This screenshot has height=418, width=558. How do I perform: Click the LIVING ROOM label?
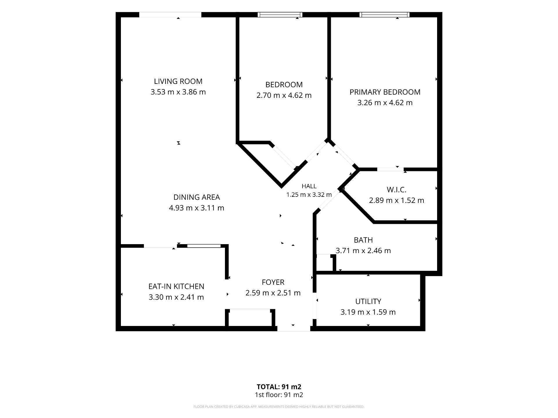pos(178,81)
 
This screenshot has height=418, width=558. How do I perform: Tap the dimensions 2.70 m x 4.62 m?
pos(284,95)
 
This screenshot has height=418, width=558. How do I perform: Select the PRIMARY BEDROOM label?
pos(385,92)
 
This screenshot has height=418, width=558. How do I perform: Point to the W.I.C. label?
pos(396,190)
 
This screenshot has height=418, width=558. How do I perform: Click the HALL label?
pos(309,186)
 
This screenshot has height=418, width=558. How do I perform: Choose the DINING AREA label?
pos(196,197)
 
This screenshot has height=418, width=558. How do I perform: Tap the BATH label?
pos(363,240)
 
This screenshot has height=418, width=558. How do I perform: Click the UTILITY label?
pos(368,302)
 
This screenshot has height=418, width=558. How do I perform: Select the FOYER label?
pos(273,282)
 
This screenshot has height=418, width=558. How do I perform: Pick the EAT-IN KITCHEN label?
pos(176,287)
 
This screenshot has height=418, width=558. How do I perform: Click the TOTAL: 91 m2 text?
pos(279,387)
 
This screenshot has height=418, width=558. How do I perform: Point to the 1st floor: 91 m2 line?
pos(279,395)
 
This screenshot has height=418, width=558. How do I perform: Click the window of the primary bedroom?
pos(384,15)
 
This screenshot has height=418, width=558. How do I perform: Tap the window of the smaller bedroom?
pos(280,15)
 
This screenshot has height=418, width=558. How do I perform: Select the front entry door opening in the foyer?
pos(294,329)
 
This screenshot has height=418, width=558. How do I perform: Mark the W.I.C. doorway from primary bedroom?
pos(390,169)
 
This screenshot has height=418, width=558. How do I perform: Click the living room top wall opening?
pos(170,15)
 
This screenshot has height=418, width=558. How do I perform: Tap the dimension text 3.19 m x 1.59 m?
pos(368,312)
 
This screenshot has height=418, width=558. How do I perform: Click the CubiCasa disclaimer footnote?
pos(279,407)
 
